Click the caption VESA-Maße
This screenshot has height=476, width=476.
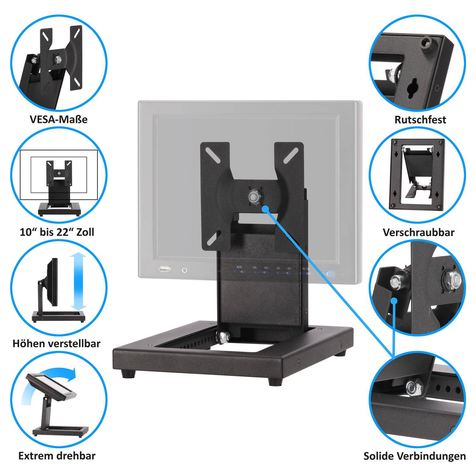(x=59, y=120)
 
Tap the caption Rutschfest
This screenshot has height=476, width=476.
(x=420, y=120)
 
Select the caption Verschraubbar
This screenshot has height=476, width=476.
(x=419, y=232)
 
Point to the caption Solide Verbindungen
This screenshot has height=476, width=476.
(x=415, y=456)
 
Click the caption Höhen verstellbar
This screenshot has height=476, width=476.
(x=56, y=343)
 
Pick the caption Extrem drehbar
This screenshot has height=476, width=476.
(x=57, y=456)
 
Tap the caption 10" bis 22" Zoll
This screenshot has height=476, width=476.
(x=57, y=232)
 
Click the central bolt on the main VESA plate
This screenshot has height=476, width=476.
(x=255, y=196)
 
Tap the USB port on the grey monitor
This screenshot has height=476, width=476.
(x=164, y=269)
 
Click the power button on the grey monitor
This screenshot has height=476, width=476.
(x=184, y=270)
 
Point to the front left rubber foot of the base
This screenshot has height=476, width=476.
(x=129, y=374)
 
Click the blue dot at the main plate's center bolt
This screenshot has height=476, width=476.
(x=266, y=208)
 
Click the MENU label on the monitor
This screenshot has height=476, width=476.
(x=239, y=268)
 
